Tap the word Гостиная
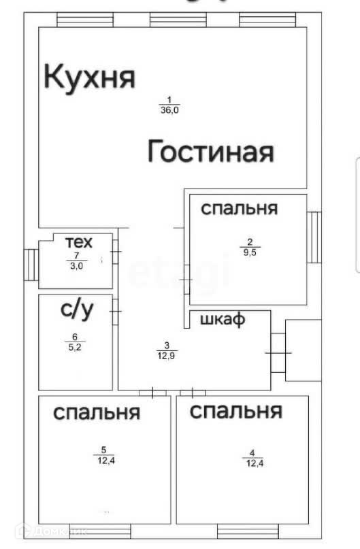(x=210, y=151)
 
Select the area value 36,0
(x=170, y=110)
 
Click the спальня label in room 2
(x=240, y=209)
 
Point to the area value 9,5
(x=250, y=252)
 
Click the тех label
(x=79, y=242)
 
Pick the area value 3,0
(x=77, y=266)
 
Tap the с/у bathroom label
(x=77, y=310)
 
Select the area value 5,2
(x=75, y=348)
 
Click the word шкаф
(x=223, y=319)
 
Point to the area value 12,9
(x=166, y=356)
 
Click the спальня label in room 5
(x=97, y=413)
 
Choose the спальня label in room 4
(x=236, y=411)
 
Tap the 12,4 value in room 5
(x=106, y=461)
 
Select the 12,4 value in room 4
(x=255, y=463)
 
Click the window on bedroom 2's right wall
(x=314, y=237)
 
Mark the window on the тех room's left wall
(x=31, y=265)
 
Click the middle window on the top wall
(x=178, y=20)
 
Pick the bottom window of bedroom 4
(x=248, y=531)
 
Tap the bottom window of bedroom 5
(x=100, y=531)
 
